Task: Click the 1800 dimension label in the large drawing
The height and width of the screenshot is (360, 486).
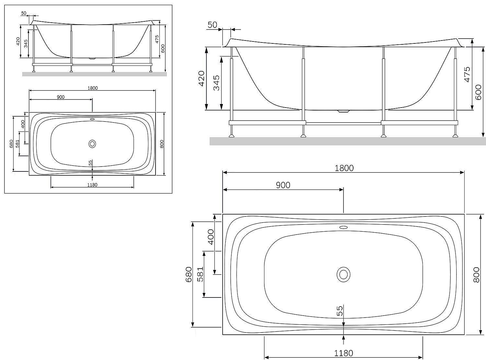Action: pyautogui.click(x=344, y=168)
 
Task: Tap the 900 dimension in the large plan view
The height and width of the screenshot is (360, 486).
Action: pyautogui.click(x=283, y=185)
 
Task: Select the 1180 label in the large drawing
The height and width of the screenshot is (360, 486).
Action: pyautogui.click(x=343, y=353)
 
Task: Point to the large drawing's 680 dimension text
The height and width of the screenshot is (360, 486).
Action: pyautogui.click(x=189, y=274)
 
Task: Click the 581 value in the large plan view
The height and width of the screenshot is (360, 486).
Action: pyautogui.click(x=200, y=274)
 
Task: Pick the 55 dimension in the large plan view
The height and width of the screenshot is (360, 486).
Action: pyautogui.click(x=340, y=311)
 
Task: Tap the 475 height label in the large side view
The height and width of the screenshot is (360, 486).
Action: pyautogui.click(x=467, y=75)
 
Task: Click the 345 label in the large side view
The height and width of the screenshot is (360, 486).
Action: pyautogui.click(x=216, y=83)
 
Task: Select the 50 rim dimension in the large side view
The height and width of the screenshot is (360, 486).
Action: pyautogui.click(x=212, y=25)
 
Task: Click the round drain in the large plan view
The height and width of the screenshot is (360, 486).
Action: pyautogui.click(x=343, y=274)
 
